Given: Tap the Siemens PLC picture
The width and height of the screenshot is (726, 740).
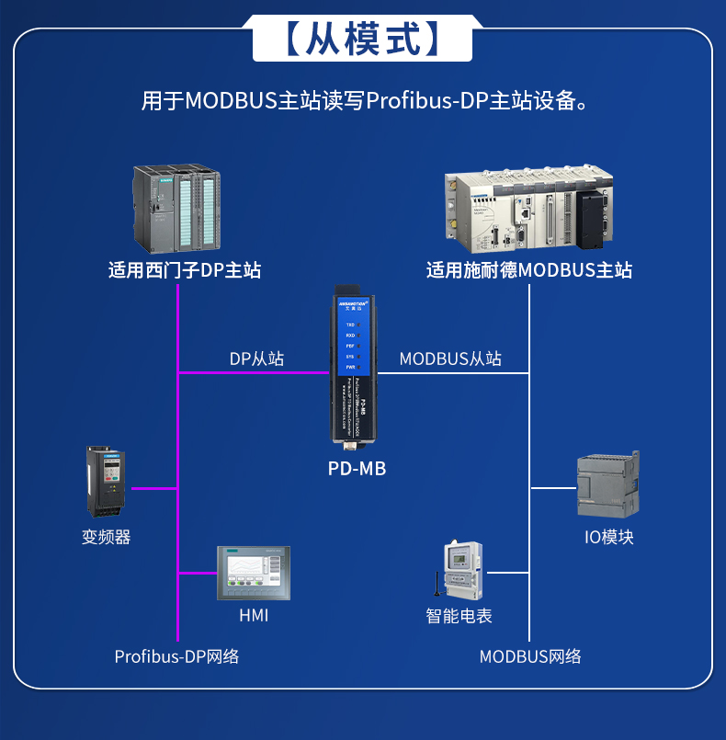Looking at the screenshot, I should pos(176,209).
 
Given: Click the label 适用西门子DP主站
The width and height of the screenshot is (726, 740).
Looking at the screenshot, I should pos(185,270).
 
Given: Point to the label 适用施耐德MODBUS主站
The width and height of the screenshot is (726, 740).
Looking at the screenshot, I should pos(528,270).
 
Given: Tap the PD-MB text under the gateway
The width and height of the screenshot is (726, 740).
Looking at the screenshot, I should pos(357,469).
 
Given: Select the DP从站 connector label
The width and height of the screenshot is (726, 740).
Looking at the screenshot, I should pos(256,359).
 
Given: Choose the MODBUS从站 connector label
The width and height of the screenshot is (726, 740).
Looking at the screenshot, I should pos(450,359).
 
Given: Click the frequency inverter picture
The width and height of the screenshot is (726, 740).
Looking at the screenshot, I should pos(106,483).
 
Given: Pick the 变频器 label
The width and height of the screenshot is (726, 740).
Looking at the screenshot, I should pos(107,537).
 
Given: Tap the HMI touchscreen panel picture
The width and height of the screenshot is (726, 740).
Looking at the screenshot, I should pos(253,574).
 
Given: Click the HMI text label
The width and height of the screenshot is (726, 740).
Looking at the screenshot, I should pos(254,615).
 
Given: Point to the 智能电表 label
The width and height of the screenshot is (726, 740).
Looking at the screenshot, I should pos(459,615).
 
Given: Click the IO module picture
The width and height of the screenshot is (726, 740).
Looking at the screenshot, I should pos(607,484).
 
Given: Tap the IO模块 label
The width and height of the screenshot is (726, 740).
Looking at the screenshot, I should pos(609,537).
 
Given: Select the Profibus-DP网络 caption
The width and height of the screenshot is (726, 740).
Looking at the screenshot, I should pos(176,656).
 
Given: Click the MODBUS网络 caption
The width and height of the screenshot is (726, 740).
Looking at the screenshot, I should pos(530,656).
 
